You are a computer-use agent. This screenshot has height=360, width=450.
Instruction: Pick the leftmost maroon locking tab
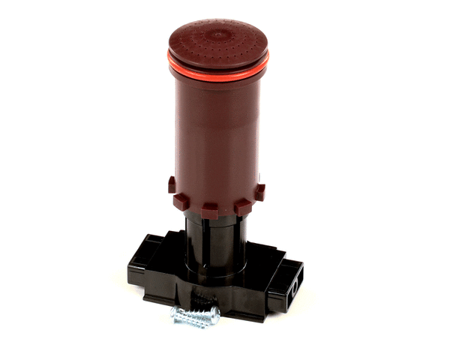tap(172, 184)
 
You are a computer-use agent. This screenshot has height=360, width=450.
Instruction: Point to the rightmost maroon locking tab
tap(259, 192)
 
